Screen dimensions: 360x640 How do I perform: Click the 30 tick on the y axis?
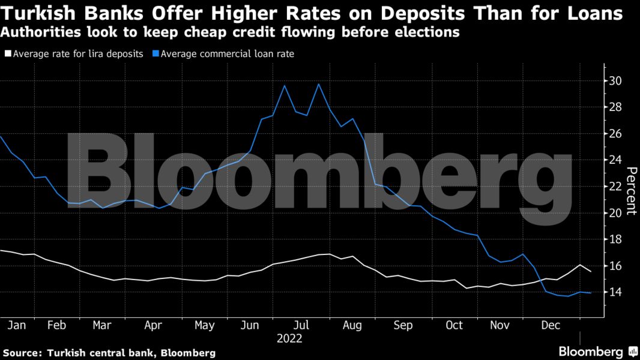tap(614, 81)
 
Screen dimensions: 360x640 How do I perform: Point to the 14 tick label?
tap(614, 292)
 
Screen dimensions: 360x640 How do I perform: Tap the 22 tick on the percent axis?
tap(614, 187)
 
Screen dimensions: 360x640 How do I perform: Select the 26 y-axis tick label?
tap(614, 134)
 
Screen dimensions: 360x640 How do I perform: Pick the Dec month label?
tap(551, 325)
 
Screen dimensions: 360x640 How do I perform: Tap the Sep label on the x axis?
tap(403, 325)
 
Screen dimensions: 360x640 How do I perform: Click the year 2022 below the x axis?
tap(290, 339)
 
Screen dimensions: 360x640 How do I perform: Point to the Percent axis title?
tap(631, 191)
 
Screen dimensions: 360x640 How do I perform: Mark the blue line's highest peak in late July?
tap(319, 84)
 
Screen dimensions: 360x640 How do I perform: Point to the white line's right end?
tap(591, 272)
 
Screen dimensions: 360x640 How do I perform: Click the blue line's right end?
tap(591, 293)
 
